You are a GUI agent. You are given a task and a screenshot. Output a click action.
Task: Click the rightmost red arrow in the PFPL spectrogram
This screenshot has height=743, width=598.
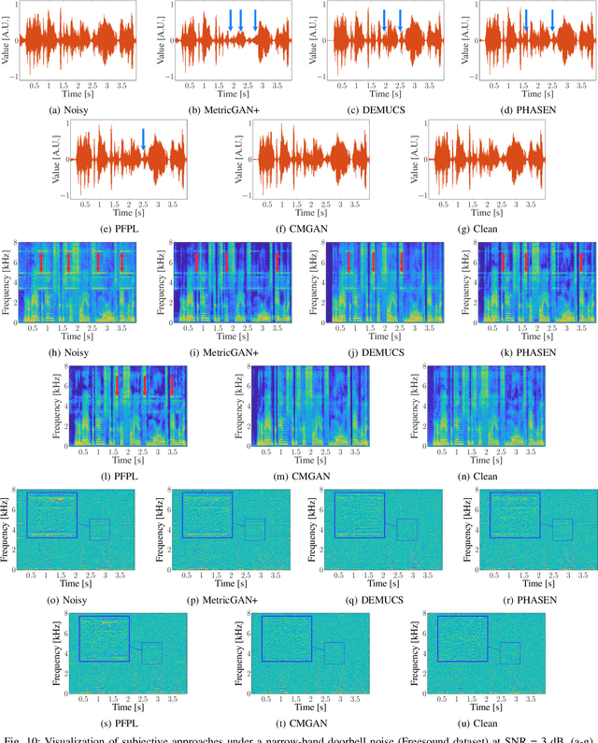point(172,383)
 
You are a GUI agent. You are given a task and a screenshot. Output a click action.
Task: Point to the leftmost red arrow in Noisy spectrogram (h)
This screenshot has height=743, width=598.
point(42,264)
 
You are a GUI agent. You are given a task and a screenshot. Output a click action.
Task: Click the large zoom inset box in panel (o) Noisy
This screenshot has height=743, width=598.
point(51,514)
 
